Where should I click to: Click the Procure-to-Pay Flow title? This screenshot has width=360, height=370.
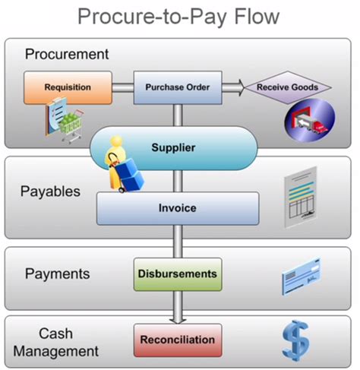[x=180, y=17]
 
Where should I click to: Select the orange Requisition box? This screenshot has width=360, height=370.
[x=68, y=87]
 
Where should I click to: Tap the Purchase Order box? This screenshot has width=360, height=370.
[x=178, y=87]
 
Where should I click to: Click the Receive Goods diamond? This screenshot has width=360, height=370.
[x=287, y=87]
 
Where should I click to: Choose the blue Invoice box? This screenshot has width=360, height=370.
[x=177, y=207]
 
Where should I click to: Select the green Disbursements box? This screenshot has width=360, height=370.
[x=177, y=273]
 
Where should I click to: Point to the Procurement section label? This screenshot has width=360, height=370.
[x=67, y=55]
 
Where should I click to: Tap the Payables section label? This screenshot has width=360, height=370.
[x=50, y=191]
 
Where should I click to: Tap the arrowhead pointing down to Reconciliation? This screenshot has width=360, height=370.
[x=178, y=318]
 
